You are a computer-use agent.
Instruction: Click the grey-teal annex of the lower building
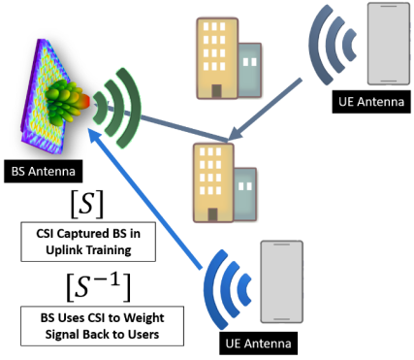(245, 189)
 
